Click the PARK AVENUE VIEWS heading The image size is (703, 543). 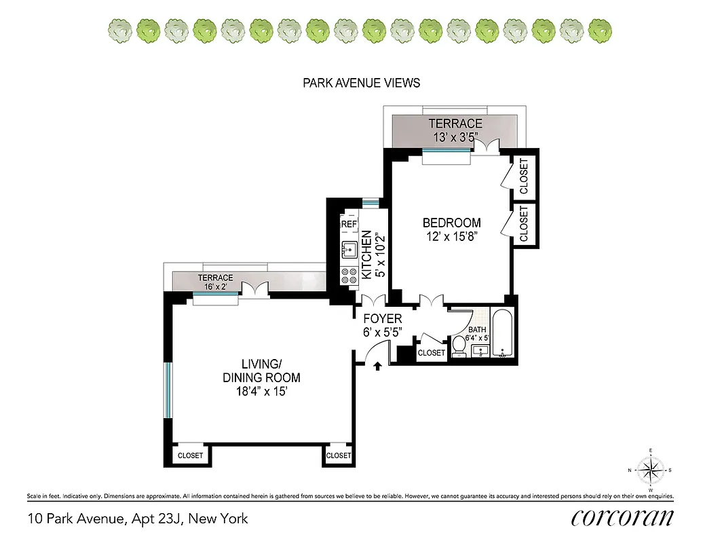click(361, 83)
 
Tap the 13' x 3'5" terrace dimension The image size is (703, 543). click(455, 136)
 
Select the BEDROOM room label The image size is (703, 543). click(451, 223)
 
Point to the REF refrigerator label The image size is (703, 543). click(349, 224)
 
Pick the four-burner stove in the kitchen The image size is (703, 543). click(349, 275)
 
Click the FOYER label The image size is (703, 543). click(383, 318)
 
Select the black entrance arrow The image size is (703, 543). click(378, 367)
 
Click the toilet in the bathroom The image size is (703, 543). click(459, 345)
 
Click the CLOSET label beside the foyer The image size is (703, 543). click(431, 353)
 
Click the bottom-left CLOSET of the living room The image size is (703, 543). click(189, 455)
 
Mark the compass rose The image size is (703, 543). click(650, 470)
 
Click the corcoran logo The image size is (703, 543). click(622, 518)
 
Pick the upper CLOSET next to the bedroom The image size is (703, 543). click(523, 176)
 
